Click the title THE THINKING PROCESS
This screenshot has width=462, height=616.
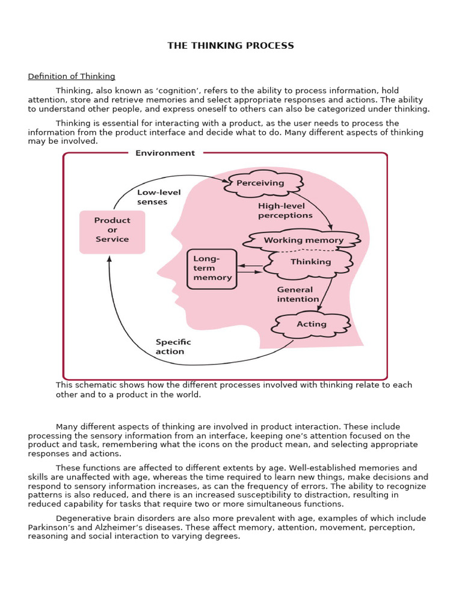[x=230, y=46]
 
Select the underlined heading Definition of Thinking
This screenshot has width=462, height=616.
[x=72, y=76]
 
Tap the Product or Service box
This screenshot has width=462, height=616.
[x=112, y=230]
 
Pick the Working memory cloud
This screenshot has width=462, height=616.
[x=303, y=241]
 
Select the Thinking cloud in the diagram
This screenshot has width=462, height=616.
[x=310, y=262]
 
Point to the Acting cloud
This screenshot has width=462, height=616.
[x=311, y=324]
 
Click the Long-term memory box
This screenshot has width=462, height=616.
[x=212, y=268]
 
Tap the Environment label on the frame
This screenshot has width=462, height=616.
[x=165, y=153]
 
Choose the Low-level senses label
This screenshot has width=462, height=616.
[x=152, y=197]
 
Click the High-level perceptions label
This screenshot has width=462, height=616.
[x=285, y=211]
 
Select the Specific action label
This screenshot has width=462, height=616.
[x=173, y=346]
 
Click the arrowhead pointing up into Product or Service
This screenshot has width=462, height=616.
[x=109, y=259]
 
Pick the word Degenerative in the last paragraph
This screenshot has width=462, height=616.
[x=85, y=519]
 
